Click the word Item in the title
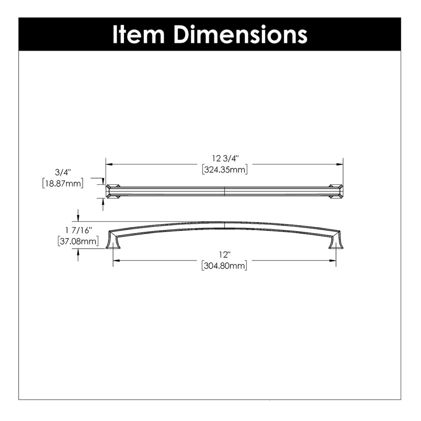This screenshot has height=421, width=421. click(138, 35)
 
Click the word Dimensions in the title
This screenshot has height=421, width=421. click(241, 35)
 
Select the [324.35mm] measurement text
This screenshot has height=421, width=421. click(225, 169)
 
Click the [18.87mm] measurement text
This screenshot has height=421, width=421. click(63, 183)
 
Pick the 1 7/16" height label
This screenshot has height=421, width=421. click(78, 230)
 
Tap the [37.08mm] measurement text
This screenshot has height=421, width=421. click(78, 241)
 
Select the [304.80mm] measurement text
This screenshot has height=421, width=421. click(224, 266)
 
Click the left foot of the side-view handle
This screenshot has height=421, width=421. click(113, 243)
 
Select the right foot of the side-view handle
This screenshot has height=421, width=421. click(336, 243)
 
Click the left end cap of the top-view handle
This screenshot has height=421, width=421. click(112, 191)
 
